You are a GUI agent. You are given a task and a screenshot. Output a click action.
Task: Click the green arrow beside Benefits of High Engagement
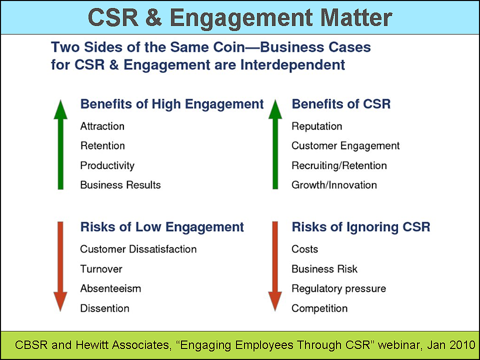click(60, 144)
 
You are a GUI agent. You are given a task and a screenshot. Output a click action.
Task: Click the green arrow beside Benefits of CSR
click(275, 144)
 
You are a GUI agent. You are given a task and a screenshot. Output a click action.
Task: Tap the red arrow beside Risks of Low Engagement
click(60, 266)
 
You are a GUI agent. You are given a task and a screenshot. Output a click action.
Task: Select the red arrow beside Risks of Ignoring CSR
click(275, 266)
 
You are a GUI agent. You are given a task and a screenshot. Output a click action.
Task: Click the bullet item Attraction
click(102, 126)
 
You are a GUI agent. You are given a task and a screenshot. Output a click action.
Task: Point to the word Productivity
click(107, 165)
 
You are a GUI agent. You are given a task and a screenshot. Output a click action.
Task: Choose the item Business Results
click(120, 185)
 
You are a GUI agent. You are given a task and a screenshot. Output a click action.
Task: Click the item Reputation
click(317, 126)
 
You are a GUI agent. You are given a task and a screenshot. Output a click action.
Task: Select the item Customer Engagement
click(345, 146)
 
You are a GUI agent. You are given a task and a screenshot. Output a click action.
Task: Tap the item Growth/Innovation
click(334, 185)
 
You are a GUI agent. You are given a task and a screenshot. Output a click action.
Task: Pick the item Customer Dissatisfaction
click(138, 249)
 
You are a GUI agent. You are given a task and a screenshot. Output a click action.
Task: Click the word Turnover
click(101, 269)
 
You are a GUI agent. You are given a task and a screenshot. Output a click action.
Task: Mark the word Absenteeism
click(110, 288)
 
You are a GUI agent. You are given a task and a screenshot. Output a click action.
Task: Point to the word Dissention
click(104, 308)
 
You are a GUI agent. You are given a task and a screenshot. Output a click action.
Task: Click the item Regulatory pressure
click(339, 289)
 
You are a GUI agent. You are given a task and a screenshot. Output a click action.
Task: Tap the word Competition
click(319, 308)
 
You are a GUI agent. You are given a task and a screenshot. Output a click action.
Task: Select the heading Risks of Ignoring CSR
click(361, 227)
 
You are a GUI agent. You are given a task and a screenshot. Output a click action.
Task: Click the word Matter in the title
click(356, 17)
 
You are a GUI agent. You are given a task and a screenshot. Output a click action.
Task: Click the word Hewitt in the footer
click(92, 345)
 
